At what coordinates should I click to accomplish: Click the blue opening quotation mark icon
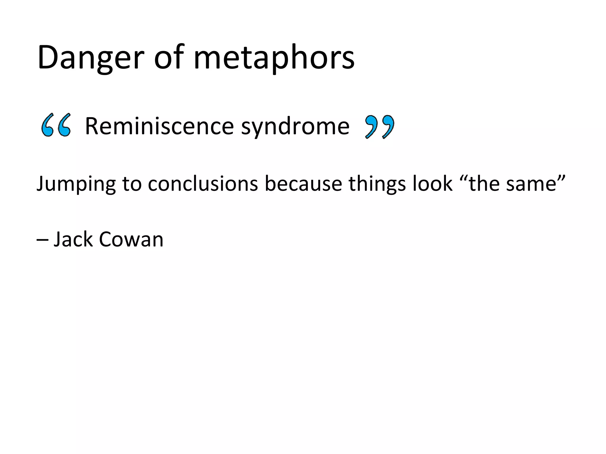pyautogui.click(x=56, y=125)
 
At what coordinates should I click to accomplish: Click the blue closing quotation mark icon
pyautogui.click(x=380, y=127)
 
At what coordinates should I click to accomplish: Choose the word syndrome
pyautogui.click(x=295, y=127)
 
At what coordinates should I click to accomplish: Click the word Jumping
pyautogui.click(x=76, y=184)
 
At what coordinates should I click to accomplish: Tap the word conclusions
pyautogui.click(x=203, y=184)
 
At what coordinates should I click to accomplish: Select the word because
pyautogui.click(x=303, y=184)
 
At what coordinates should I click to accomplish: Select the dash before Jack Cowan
pyautogui.click(x=42, y=240)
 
